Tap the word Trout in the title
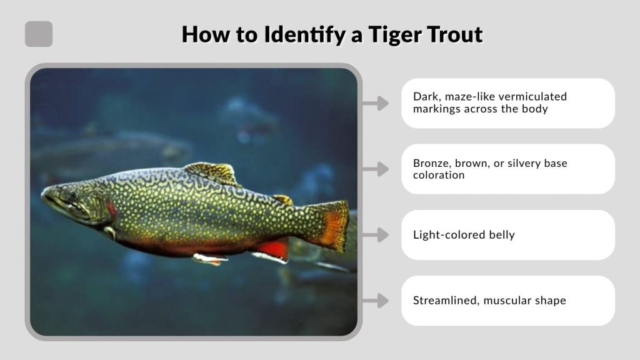(x=454, y=34)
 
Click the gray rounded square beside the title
(x=39, y=34)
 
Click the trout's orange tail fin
(x=334, y=224)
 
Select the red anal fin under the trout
(x=274, y=249)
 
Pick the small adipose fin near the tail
(x=283, y=199)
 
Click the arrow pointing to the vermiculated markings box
(x=375, y=103)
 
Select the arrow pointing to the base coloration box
(x=375, y=169)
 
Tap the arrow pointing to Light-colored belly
(x=375, y=235)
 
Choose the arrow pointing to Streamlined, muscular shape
(x=375, y=301)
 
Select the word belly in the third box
(x=501, y=235)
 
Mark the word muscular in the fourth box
(x=508, y=301)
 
